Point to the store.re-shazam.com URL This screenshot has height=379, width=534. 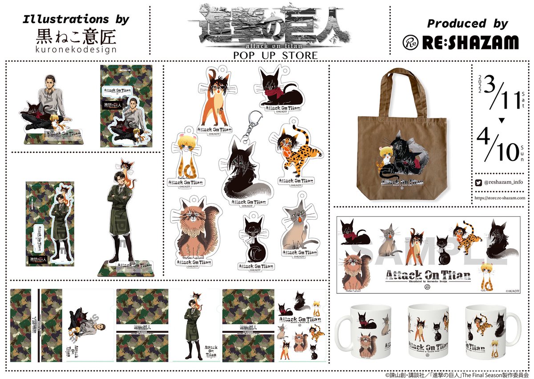click(x=500, y=198)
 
